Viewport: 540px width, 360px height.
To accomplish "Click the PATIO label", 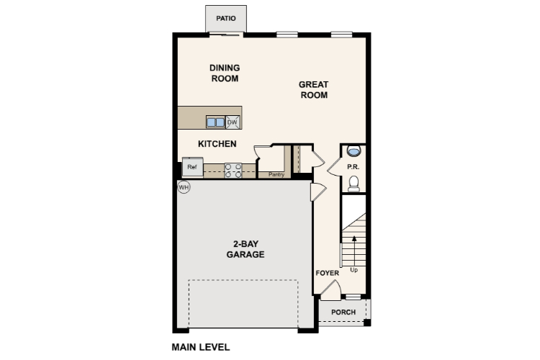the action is tap(226, 18).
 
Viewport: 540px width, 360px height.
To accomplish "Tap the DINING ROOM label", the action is tap(225, 73).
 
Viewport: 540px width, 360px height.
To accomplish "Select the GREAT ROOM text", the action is tap(314, 89).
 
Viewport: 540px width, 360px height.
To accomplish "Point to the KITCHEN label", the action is tap(217, 144).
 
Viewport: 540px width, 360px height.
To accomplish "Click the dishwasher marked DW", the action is tap(233, 122).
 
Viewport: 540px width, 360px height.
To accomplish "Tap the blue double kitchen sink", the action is tap(215, 122).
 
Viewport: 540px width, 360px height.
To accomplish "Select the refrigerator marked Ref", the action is tap(192, 167).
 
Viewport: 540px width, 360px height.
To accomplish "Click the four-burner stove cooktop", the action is tap(233, 171).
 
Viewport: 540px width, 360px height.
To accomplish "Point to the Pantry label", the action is tap(276, 175).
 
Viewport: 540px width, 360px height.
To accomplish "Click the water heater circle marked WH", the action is tap(184, 187).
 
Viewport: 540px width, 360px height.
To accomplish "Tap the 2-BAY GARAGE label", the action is tap(246, 249).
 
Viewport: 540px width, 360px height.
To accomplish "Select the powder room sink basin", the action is tap(354, 150).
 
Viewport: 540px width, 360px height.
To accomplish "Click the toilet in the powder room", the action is tap(354, 184).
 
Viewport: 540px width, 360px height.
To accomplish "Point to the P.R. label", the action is tap(354, 167).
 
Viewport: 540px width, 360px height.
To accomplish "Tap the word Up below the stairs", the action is tap(354, 270).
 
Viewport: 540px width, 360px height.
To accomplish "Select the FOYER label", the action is tap(328, 273).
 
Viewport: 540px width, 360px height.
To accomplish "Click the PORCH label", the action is tap(343, 312).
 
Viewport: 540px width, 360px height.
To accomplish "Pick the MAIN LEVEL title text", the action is tap(201, 347).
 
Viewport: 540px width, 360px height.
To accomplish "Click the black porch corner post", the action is tap(367, 323).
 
